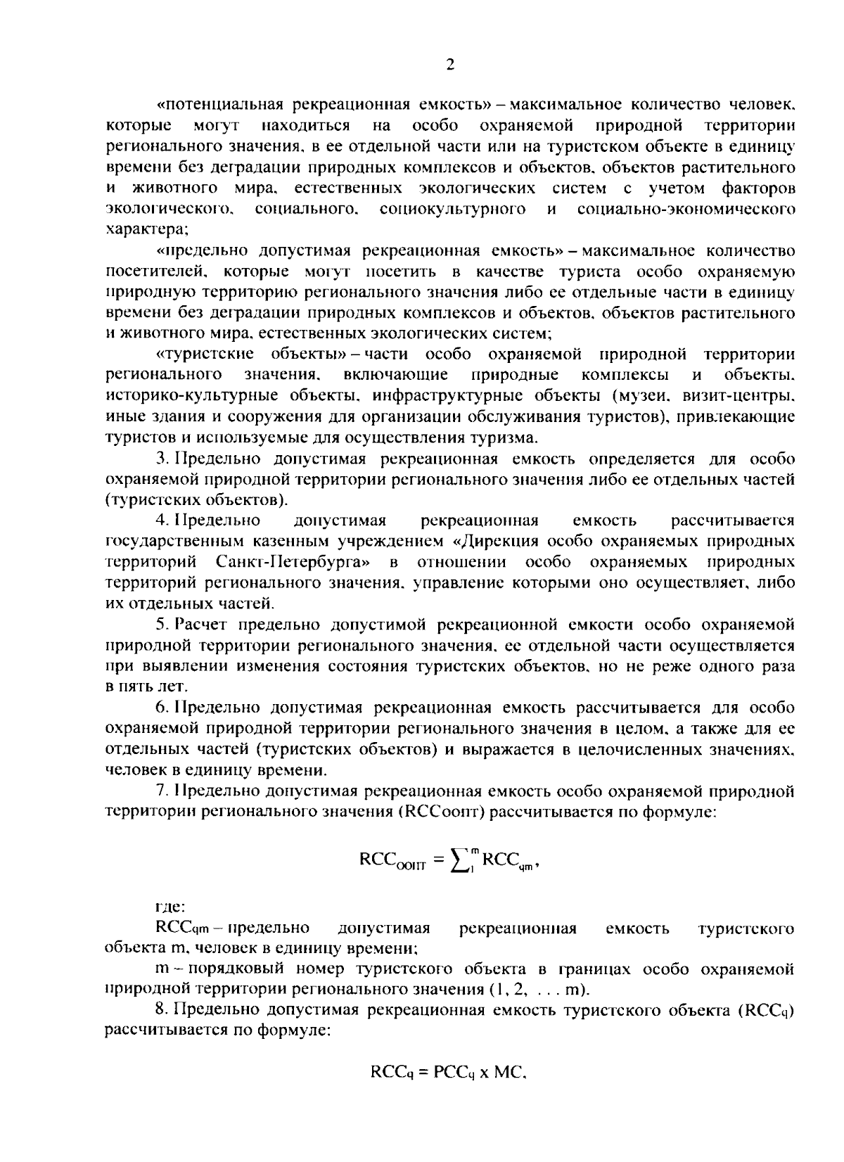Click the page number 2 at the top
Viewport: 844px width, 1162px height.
449,65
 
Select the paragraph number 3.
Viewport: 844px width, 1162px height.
160,459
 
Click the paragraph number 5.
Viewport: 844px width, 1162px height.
160,625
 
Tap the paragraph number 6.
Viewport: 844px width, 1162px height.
160,707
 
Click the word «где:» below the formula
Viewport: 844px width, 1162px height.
170,908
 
